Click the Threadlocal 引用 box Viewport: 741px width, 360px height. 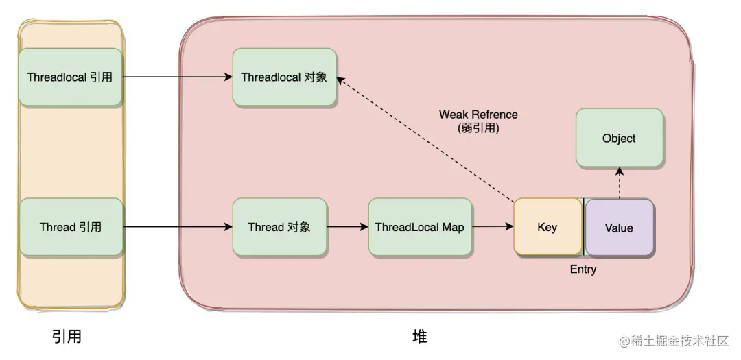tap(71, 77)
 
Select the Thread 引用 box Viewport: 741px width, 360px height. tap(71, 227)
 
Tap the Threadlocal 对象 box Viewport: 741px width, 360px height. tap(285, 77)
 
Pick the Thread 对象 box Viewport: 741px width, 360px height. tap(279, 227)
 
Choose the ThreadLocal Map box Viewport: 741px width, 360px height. tap(420, 227)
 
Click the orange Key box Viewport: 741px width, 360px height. tap(548, 227)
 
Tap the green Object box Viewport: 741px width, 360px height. tap(620, 138)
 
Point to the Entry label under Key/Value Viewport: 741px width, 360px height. tap(583, 269)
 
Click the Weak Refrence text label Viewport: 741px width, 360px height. tap(478, 115)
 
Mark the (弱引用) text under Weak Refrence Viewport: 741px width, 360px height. tap(478, 128)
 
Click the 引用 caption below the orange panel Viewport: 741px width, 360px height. tap(67, 337)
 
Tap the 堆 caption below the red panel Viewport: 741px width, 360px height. tap(420, 337)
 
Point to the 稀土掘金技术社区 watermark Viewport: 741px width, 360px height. tap(675, 341)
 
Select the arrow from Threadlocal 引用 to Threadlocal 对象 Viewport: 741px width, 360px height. tap(178, 77)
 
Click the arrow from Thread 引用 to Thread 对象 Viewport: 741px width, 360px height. tap(178, 227)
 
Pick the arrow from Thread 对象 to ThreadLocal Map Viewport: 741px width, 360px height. tap(347, 227)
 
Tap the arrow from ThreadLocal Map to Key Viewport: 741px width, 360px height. tap(493, 227)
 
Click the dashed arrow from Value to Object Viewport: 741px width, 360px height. tap(620, 183)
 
